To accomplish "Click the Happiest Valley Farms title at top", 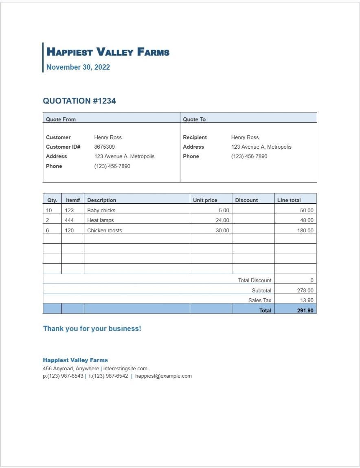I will click(x=108, y=52).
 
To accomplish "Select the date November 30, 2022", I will click(x=78, y=67).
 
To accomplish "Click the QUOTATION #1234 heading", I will click(x=79, y=101).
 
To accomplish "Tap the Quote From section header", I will click(x=61, y=119).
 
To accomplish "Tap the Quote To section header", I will click(x=194, y=119).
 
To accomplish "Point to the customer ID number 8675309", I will click(x=104, y=147).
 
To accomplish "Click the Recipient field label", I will click(x=195, y=137).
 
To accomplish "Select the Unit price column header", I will click(x=205, y=200).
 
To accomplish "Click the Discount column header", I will click(x=246, y=200).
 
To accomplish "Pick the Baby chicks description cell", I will click(x=101, y=210).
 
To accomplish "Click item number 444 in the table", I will click(x=69, y=220).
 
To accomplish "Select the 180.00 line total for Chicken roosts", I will click(x=305, y=230).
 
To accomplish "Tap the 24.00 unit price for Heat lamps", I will click(x=222, y=220).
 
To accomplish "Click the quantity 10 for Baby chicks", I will click(x=49, y=210).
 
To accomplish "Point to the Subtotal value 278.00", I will click(x=305, y=290).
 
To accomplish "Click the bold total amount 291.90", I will click(x=305, y=310).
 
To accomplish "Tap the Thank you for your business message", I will click(x=92, y=329).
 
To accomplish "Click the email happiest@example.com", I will click(x=163, y=376).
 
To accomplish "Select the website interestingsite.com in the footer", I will click(x=125, y=368).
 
